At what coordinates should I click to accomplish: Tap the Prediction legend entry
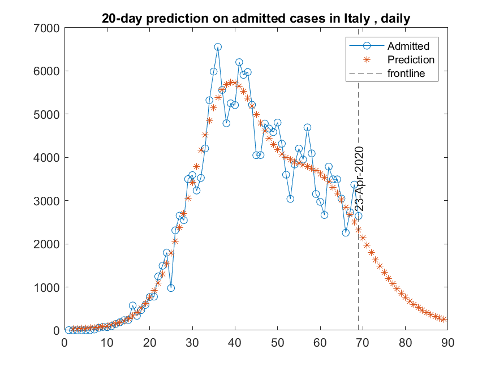pos(411,60)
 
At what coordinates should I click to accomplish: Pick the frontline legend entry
pos(407,74)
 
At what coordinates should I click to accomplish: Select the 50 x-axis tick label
pos(277,342)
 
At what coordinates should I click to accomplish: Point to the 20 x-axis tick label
pos(149,342)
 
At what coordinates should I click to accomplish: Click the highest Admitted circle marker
pos(218,47)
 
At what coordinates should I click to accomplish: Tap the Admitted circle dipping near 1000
pos(171,288)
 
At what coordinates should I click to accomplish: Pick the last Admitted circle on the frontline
pos(358,216)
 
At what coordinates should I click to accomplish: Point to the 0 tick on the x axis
pos(64,342)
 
